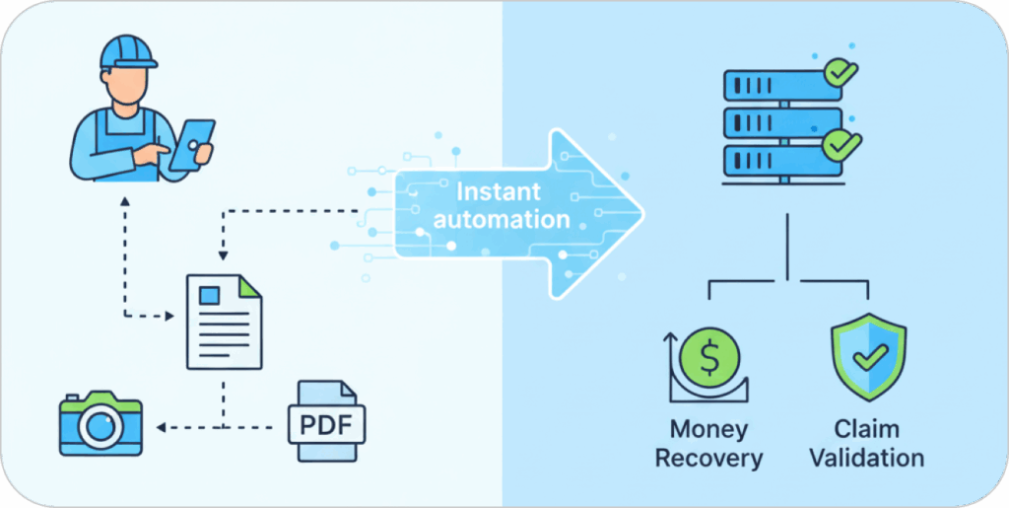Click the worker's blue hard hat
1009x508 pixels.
(127, 50)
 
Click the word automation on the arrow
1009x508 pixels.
(502, 218)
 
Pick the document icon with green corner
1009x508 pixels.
(225, 321)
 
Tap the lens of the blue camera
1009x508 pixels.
(101, 426)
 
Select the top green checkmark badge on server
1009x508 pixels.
(841, 71)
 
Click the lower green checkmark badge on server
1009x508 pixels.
(841, 145)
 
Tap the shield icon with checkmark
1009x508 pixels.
(868, 357)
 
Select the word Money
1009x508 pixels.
(708, 430)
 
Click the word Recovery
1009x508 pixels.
(708, 458)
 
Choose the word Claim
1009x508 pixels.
(866, 430)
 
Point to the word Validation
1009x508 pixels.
(867, 458)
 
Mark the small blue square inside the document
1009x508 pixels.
(208, 295)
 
